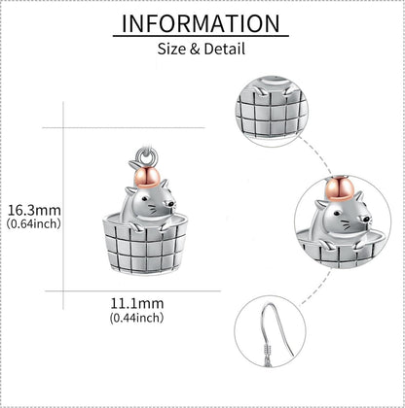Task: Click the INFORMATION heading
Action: coord(201,23)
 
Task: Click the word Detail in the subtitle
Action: coord(225,50)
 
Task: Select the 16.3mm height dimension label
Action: coord(34,211)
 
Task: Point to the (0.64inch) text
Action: coord(34,223)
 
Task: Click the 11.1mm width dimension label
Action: coord(137,304)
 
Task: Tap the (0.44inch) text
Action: coord(136,318)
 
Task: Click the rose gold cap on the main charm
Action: coord(148,178)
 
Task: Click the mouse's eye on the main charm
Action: coord(147,198)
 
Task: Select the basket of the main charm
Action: coord(145,245)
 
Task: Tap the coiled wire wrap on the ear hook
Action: coord(268,350)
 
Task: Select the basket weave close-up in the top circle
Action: coord(272,111)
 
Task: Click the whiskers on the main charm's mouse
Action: coord(153,210)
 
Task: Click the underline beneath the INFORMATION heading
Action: coord(201,36)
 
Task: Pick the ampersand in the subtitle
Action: coord(195,50)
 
